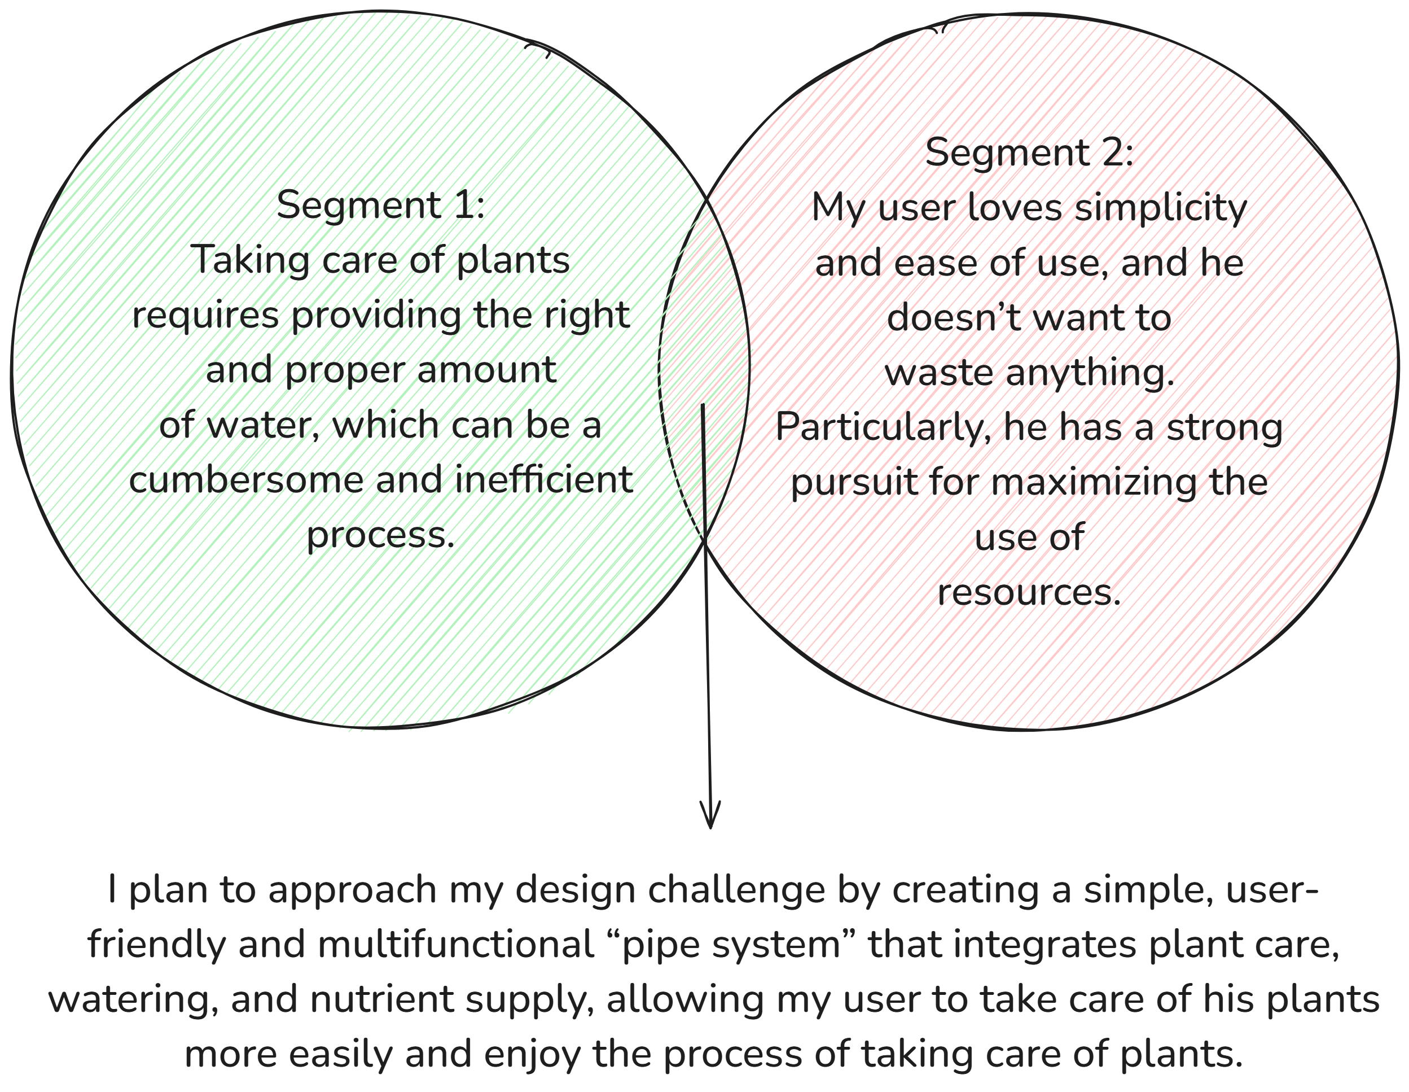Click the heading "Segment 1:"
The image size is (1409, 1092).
tap(381, 204)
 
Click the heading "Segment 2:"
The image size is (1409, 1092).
tap(1029, 153)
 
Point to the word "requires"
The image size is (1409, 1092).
tap(206, 316)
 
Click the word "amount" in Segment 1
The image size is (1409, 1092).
tap(486, 370)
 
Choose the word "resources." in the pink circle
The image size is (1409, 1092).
tap(1029, 592)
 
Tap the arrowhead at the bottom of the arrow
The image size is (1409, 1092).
tap(710, 827)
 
